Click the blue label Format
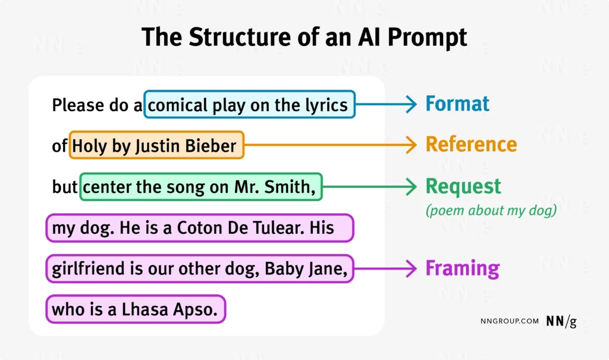[457, 104]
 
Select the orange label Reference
[471, 145]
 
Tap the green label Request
[463, 187]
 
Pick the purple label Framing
[462, 268]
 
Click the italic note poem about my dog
[491, 211]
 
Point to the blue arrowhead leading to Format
[411, 104]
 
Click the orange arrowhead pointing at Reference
[411, 145]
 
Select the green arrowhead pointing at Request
[411, 187]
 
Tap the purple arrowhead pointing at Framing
[411, 268]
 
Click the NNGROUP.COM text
[509, 321]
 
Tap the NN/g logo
[561, 321]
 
